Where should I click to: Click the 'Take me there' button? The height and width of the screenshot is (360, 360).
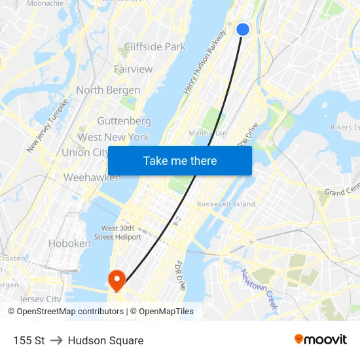[x=179, y=161]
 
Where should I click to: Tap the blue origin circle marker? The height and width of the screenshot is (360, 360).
[x=243, y=29]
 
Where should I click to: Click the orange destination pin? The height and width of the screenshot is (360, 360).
[x=117, y=280]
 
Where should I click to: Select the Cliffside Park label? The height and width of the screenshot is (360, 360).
[x=154, y=47]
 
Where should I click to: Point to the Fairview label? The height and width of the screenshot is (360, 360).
[x=133, y=69]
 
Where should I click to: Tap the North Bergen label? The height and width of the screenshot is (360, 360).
[x=108, y=90]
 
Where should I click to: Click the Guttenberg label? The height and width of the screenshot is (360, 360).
[x=124, y=121]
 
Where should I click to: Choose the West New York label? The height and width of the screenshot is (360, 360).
[x=113, y=137]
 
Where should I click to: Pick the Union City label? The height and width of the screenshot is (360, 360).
[x=84, y=153]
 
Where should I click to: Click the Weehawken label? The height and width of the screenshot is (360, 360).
[x=92, y=177]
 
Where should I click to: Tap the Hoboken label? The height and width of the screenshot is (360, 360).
[x=69, y=243]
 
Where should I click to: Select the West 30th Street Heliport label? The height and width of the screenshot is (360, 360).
[x=118, y=232]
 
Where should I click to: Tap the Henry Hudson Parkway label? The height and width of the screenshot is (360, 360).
[x=205, y=62]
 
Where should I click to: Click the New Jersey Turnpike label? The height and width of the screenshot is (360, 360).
[x=47, y=126]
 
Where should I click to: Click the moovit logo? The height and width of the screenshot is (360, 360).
[x=320, y=339]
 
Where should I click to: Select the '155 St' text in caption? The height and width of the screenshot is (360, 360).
[x=29, y=340]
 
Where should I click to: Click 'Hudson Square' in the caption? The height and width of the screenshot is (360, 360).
[x=105, y=340]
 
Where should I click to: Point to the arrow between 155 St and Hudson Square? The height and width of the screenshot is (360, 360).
[x=56, y=340]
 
